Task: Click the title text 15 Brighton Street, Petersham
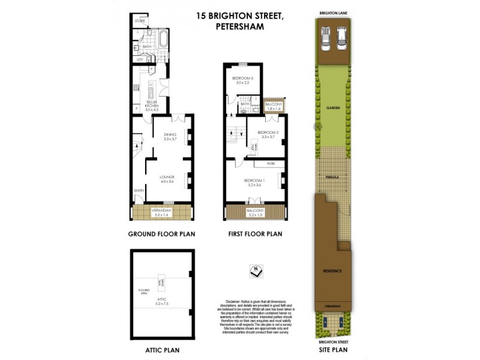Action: click(240, 21)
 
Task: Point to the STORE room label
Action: click(140, 21)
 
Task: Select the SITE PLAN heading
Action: click(333, 349)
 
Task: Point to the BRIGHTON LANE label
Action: click(333, 12)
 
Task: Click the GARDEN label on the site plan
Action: click(333, 108)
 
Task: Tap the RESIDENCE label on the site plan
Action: click(333, 271)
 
